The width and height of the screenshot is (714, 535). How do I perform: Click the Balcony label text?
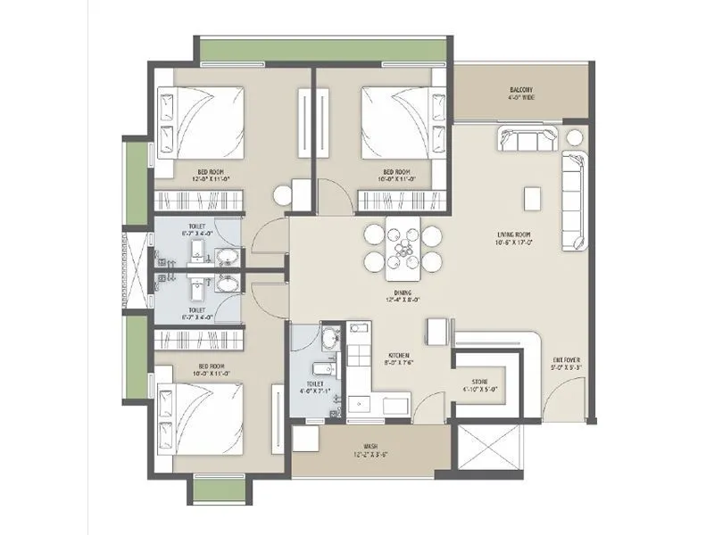[521, 94]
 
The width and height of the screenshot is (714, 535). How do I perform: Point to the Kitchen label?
[397, 358]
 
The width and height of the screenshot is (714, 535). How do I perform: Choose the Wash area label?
[369, 450]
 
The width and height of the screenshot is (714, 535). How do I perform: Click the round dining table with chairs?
[403, 248]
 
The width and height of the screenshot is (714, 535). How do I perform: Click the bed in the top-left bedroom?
[202, 123]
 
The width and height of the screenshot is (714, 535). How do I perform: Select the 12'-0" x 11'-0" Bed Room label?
[211, 175]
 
